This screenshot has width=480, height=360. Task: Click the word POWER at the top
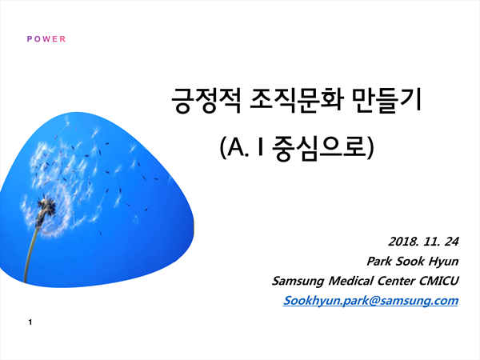(x=46, y=39)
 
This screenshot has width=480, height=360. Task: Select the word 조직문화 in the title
(x=296, y=101)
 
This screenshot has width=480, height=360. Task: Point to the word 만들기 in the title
(x=386, y=100)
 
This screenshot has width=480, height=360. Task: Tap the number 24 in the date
(x=451, y=242)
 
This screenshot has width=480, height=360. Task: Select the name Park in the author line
(x=379, y=261)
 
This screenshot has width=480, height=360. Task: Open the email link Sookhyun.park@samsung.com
(x=370, y=301)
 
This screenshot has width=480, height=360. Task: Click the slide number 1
(x=30, y=322)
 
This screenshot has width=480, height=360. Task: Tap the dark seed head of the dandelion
(x=46, y=206)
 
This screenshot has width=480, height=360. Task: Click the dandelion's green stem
(x=31, y=251)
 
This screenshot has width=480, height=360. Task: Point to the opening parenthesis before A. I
(x=223, y=147)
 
